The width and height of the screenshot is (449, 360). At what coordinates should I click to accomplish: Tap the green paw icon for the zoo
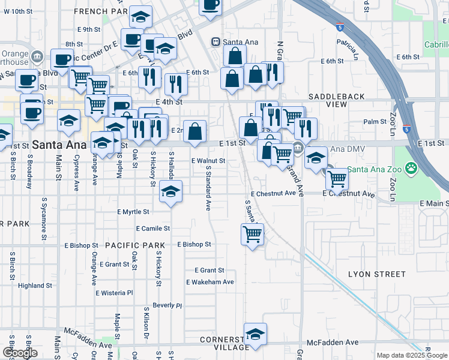pos(412,167)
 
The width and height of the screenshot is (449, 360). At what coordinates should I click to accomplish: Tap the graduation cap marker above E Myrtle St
pos(170,192)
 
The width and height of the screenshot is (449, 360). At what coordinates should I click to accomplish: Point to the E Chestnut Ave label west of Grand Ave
pos(274,194)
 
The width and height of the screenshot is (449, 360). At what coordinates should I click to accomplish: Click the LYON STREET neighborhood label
pos(377,274)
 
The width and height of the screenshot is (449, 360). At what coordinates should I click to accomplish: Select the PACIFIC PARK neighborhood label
pos(135,245)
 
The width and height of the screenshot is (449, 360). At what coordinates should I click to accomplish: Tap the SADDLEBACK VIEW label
pos(328,100)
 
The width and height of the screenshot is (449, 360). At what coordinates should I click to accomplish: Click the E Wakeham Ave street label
pos(210,282)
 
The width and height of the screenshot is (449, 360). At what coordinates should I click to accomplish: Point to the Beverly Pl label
pos(167,305)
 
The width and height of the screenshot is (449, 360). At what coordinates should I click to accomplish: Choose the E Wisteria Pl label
pos(114,293)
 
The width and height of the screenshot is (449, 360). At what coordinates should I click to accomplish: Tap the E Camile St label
pos(153,229)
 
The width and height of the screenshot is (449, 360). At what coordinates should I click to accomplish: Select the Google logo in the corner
pos(20,353)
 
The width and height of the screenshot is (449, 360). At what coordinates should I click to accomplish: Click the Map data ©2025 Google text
pos(412,355)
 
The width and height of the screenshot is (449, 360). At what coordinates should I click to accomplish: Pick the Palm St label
pos(375,122)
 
